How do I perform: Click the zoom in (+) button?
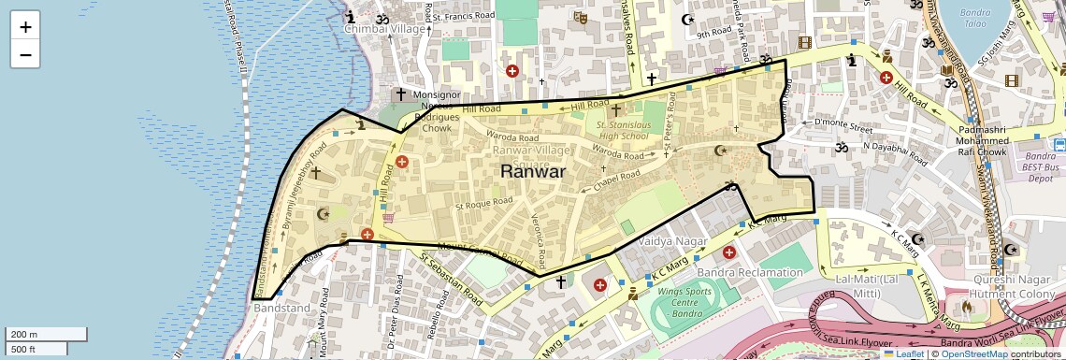(x=25, y=26)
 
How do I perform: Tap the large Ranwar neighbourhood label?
(x=532, y=171)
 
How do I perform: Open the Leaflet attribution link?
(x=903, y=353)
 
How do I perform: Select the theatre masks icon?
(x=580, y=17)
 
